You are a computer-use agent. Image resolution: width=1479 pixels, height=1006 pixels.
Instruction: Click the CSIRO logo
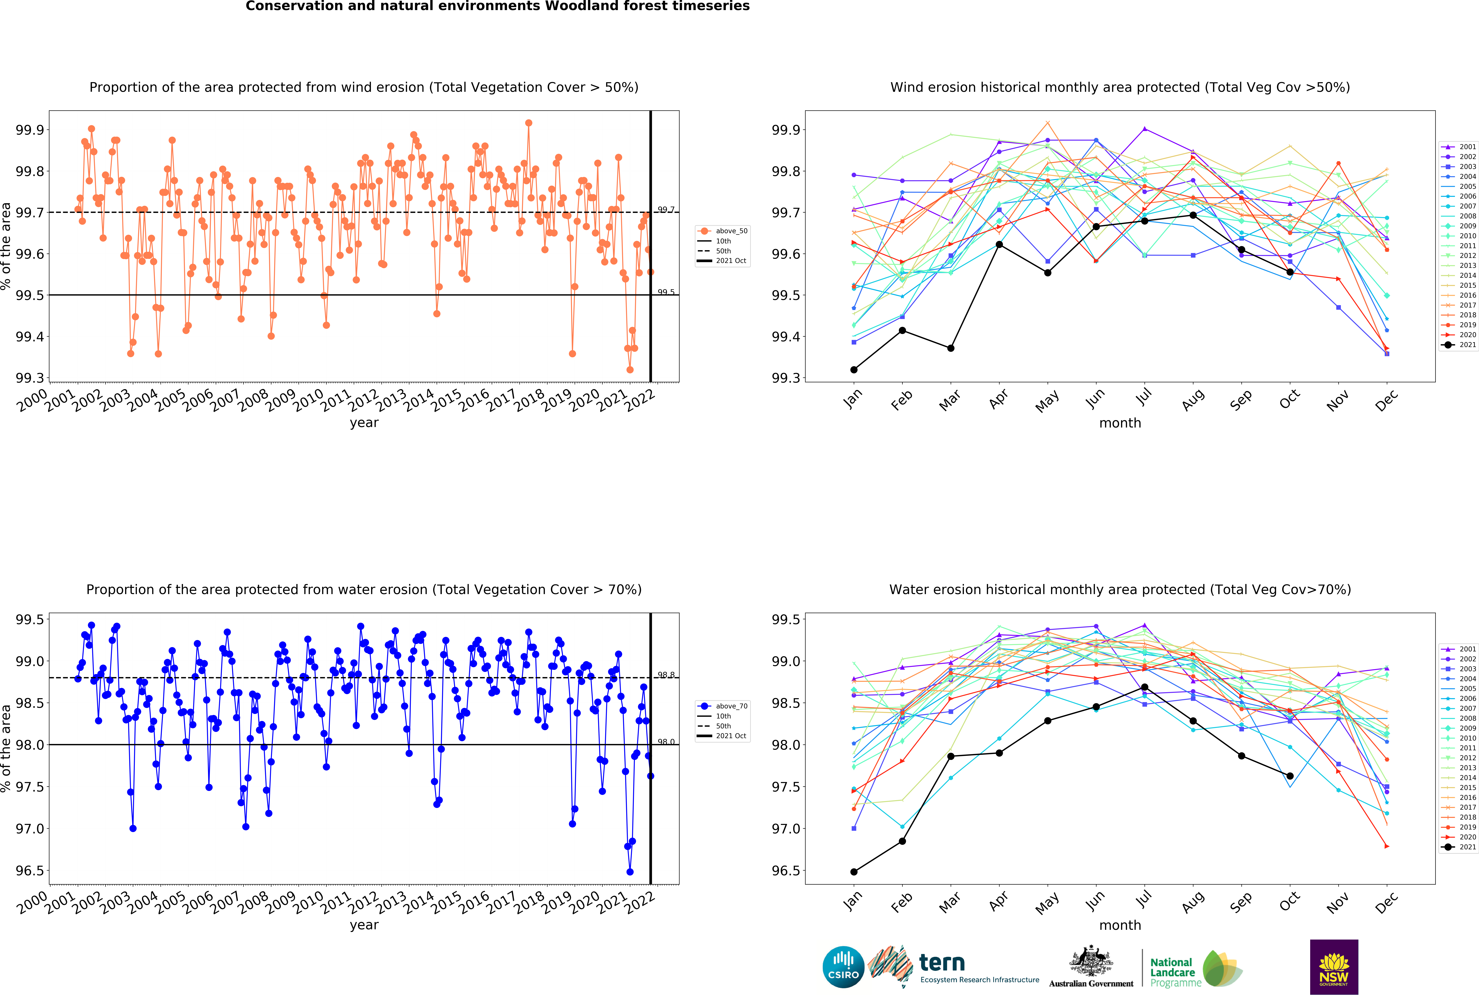pyautogui.click(x=843, y=966)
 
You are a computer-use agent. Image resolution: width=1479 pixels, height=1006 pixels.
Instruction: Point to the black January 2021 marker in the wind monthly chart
pyautogui.click(x=853, y=369)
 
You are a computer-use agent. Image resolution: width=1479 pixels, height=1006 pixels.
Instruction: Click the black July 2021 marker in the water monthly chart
pyautogui.click(x=1144, y=687)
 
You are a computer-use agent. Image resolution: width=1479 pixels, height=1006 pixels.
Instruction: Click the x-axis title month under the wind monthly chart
pyautogui.click(x=1120, y=423)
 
